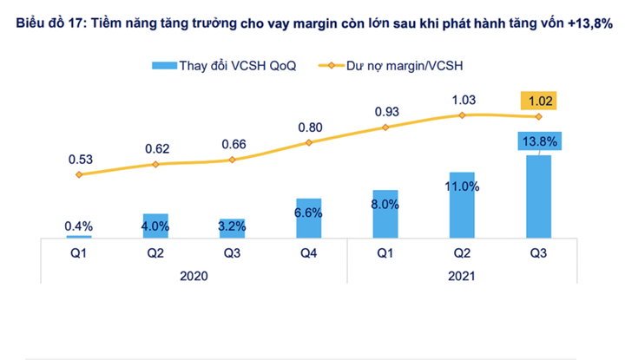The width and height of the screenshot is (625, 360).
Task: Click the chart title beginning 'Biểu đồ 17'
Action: pyautogui.click(x=313, y=26)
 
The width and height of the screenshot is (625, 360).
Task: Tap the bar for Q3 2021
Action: pyautogui.click(x=538, y=195)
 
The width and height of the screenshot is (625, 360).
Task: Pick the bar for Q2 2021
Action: pyautogui.click(x=462, y=205)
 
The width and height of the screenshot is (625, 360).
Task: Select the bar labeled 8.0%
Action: pyautogui.click(x=385, y=213)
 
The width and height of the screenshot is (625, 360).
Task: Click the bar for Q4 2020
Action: pyautogui.click(x=308, y=217)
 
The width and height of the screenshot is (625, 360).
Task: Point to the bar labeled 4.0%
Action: pyautogui.click(x=155, y=225)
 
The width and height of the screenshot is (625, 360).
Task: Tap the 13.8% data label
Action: pyautogui.click(x=539, y=140)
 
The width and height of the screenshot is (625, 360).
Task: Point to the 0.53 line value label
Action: pyautogui.click(x=79, y=159)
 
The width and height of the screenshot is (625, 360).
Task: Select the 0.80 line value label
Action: pyautogui.click(x=309, y=126)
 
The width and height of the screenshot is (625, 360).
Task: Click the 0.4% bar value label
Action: pyautogui.click(x=79, y=226)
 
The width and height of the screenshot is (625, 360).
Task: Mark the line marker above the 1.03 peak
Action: pyautogui.click(x=462, y=115)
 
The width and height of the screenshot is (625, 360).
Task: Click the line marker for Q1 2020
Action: pyautogui.click(x=79, y=174)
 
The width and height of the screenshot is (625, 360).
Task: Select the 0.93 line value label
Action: pyautogui.click(x=385, y=111)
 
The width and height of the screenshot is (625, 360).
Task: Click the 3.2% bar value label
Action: pyautogui.click(x=232, y=227)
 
